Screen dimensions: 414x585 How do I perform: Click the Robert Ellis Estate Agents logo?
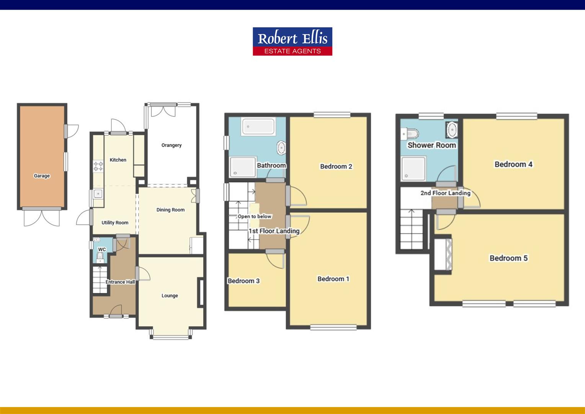click(292, 41)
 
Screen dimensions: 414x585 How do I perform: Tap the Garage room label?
click(42, 176)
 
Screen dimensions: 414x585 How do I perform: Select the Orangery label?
click(171, 145)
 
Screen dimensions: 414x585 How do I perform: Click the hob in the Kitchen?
click(98, 166)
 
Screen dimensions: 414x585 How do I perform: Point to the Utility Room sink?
click(98, 194)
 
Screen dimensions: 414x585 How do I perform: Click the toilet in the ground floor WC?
click(100, 256)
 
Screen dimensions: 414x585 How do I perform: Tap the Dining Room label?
click(170, 210)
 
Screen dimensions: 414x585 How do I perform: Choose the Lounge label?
click(170, 296)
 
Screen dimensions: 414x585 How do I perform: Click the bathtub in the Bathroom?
click(258, 127)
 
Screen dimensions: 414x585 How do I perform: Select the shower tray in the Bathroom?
click(242, 168)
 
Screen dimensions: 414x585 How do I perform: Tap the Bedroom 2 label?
click(336, 166)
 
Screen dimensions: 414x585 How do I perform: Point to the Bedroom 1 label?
click(333, 279)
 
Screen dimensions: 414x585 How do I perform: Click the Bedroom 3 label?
click(243, 281)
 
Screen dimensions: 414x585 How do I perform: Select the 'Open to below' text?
click(254, 217)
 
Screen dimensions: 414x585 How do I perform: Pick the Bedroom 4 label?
click(513, 164)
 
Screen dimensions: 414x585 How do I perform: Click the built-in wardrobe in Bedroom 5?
click(443, 254)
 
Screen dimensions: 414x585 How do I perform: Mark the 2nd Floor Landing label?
click(445, 193)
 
